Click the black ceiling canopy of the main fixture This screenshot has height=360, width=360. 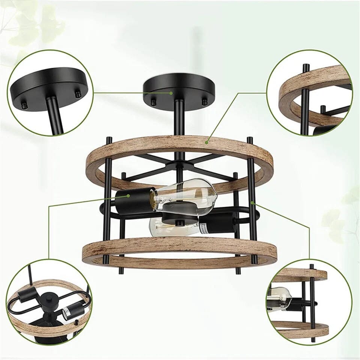pyautogui.click(x=179, y=84)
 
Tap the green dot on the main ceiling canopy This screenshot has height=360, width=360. pyautogui.click(x=171, y=93)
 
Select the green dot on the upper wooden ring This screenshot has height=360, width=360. pyautogui.click(x=207, y=142)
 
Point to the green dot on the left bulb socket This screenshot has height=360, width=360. pyautogui.click(x=128, y=195)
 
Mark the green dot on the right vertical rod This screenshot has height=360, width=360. pyautogui.click(x=252, y=203)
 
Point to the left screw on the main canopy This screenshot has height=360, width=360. pyautogui.click(x=153, y=102)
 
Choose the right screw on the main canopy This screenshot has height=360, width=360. pyautogui.click(x=205, y=102)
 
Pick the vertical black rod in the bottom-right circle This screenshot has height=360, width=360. pyautogui.click(x=311, y=300)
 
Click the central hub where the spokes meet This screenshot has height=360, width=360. pyautogui.click(x=180, y=165)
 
